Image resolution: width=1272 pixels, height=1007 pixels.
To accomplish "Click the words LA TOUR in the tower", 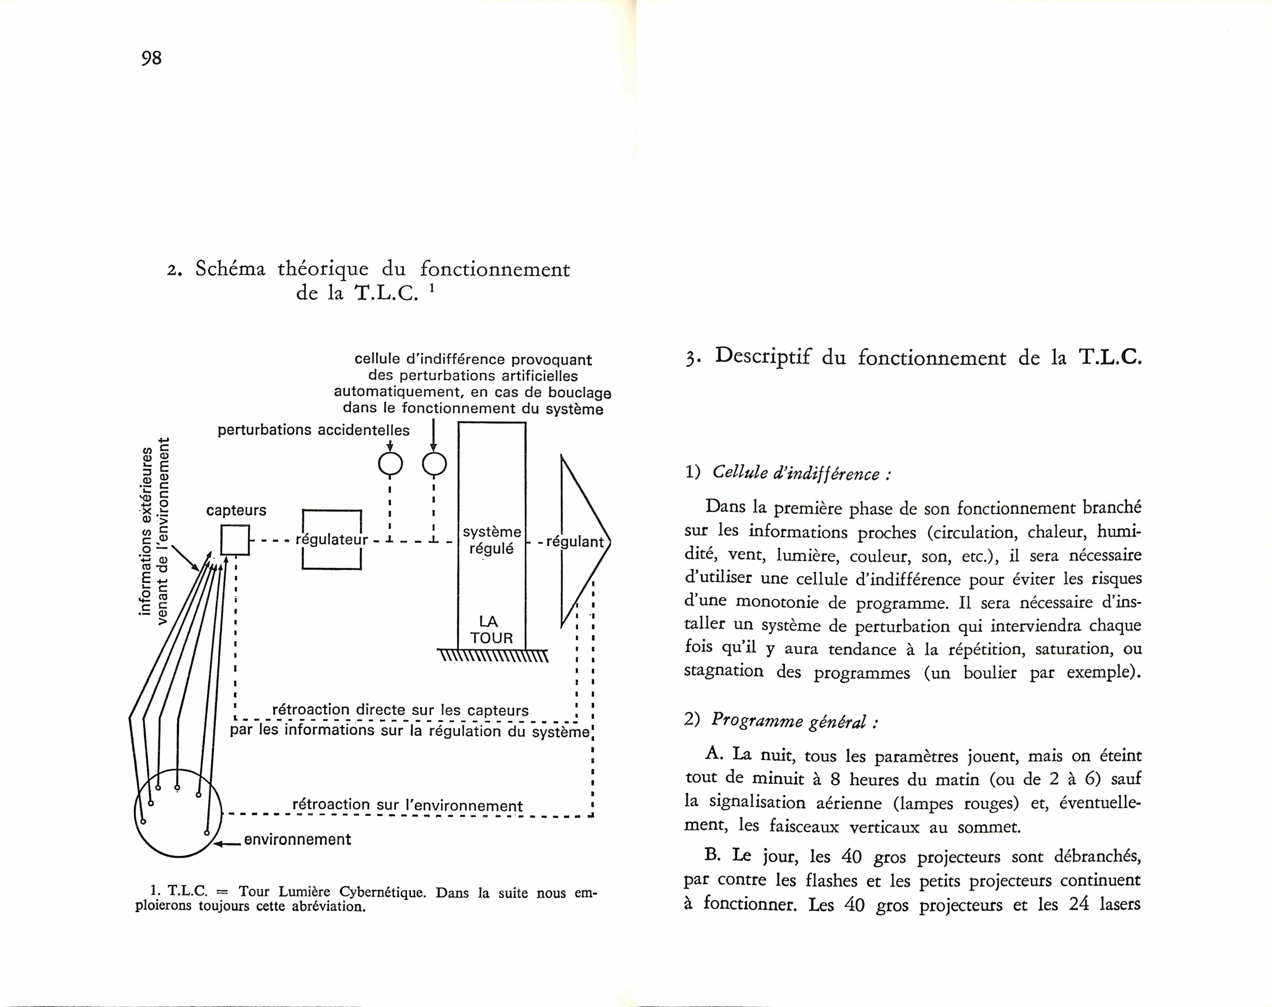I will point(491,630).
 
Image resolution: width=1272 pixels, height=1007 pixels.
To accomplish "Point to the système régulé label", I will point(491,540).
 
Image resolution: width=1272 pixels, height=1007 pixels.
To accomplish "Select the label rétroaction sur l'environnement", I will point(407,805).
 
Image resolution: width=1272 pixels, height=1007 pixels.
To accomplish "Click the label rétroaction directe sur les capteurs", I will point(400,710).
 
